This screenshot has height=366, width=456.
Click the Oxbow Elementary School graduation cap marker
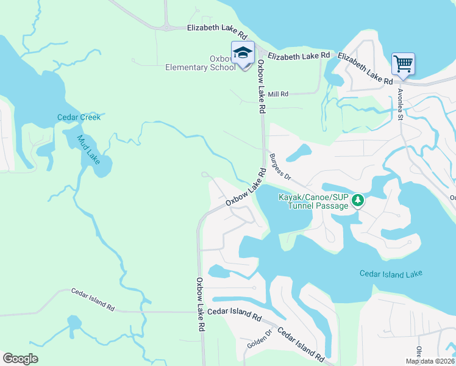coord(242,52)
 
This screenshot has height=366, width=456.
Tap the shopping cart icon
coord(402,63)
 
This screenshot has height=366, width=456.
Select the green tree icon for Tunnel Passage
coord(359,200)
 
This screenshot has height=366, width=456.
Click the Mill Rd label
coord(278,94)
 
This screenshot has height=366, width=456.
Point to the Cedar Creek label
coord(79,117)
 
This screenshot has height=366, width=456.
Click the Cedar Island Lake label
coord(390,274)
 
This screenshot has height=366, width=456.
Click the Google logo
coord(20,359)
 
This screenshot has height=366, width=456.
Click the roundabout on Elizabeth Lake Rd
coord(166,27)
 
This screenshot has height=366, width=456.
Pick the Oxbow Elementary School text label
coord(201,63)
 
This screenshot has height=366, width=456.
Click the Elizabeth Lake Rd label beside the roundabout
coord(216,28)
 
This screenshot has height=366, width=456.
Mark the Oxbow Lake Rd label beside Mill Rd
coord(262,86)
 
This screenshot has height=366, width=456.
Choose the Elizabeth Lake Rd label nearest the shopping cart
coord(365,68)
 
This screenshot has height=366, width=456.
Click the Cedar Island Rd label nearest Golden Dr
coord(301,344)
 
